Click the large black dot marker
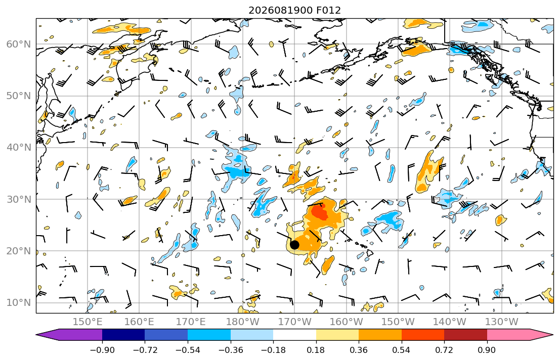click(294, 245)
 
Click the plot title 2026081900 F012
click(294, 10)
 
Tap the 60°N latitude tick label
click(19, 44)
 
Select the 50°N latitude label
click(19, 96)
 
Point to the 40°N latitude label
click(19, 148)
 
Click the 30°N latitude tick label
click(19, 199)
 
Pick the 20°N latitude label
click(19, 251)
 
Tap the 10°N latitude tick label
click(19, 303)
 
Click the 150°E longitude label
click(88, 322)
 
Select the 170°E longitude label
click(191, 322)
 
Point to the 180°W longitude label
click(243, 322)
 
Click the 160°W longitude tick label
click(346, 322)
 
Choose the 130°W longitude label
click(502, 322)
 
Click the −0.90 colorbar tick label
click(102, 350)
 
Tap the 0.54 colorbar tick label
click(402, 350)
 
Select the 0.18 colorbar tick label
click(316, 350)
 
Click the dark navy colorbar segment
click(123, 335)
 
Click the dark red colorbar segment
click(465, 335)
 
